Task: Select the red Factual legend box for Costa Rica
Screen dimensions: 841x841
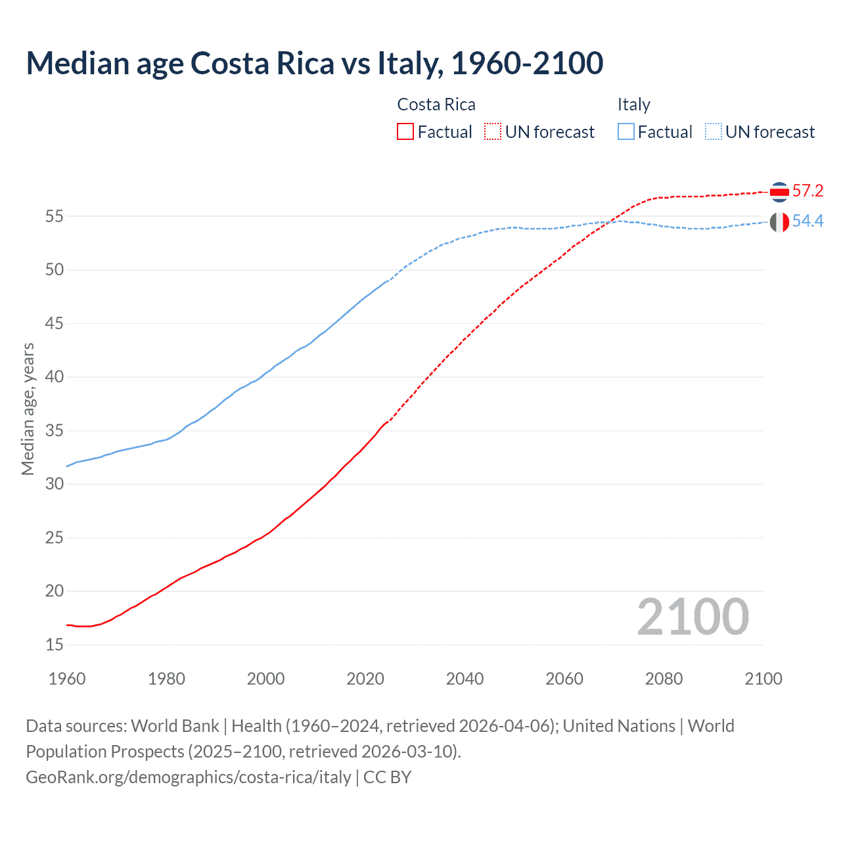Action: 405,132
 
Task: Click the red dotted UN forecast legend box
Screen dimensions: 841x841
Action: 493,132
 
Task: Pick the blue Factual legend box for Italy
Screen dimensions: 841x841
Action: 626,132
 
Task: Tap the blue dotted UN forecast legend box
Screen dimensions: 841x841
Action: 714,132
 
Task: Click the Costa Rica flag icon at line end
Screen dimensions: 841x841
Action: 779,192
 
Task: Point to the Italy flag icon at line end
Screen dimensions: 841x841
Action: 779,222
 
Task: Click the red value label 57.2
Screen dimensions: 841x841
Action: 807,191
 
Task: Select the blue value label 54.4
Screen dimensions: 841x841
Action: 807,221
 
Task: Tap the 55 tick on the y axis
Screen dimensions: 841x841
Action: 55,216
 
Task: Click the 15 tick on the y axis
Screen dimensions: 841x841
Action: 55,645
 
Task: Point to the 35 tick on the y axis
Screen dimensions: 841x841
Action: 55,431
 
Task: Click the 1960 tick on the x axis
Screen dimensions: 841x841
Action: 67,679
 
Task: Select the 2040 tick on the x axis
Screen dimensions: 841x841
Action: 465,679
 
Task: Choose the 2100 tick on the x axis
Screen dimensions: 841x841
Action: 763,679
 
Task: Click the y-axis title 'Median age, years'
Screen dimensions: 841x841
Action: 28,409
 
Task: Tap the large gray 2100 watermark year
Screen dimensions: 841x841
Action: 693,617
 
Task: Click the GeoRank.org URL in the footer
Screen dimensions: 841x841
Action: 189,777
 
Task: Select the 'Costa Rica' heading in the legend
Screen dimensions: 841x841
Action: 436,105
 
